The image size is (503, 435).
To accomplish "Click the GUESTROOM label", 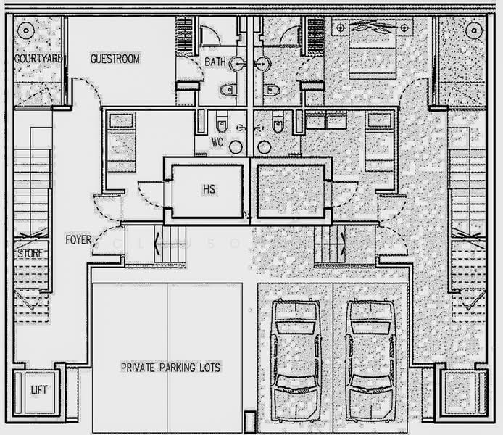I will (115, 59).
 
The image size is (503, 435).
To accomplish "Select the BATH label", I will (215, 62).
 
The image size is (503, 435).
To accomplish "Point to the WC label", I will (217, 142).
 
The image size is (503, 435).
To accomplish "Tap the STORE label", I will (30, 254).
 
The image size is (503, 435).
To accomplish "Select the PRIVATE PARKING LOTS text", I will (171, 368).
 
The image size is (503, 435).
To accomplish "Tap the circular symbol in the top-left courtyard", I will (26, 30).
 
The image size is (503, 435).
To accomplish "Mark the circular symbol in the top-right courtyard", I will (474, 30).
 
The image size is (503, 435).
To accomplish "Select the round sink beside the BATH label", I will (236, 64).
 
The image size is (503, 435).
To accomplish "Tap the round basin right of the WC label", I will (236, 146).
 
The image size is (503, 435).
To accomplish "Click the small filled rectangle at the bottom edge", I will (249, 422).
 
